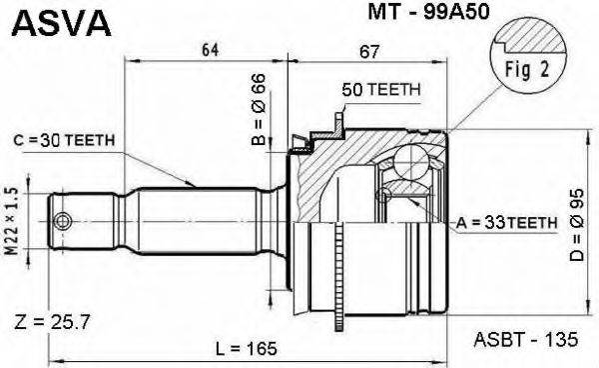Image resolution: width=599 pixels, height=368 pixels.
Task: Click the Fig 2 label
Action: (x=513, y=70)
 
